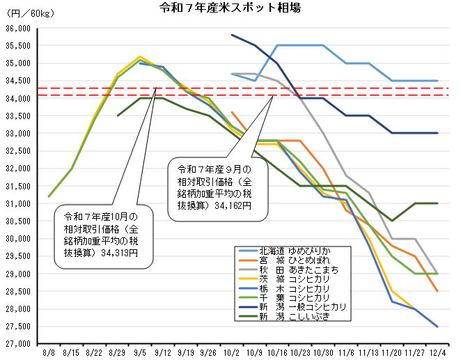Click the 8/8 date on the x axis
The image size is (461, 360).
click(49, 353)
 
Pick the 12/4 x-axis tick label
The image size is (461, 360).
click(437, 353)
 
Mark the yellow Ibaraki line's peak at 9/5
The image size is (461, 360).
click(140, 56)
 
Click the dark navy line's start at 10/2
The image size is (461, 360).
click(232, 35)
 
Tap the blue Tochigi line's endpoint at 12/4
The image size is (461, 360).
click(437, 327)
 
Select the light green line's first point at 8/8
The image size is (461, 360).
click(49, 196)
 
